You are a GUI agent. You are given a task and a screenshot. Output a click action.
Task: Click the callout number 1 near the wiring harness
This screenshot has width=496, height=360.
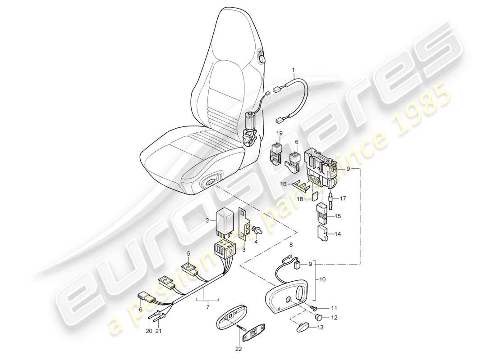click(294, 70)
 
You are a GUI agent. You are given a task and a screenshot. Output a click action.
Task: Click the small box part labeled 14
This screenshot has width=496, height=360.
click(322, 234)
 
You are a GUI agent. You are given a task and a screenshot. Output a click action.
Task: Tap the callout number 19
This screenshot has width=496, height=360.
click(280, 134)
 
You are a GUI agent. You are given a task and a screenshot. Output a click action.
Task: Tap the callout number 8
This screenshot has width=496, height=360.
click(291, 245)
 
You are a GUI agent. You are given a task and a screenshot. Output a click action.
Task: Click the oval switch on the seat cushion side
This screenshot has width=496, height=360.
click(211, 181)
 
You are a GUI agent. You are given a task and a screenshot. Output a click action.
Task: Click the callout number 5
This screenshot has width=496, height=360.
click(189, 253)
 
